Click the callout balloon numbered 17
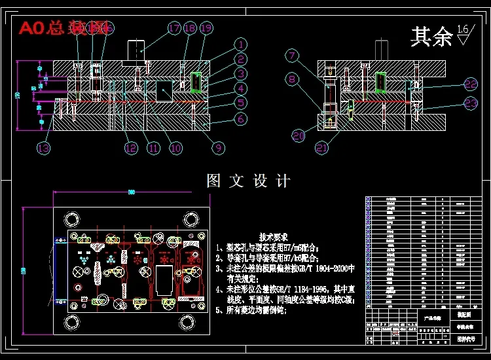(x=174, y=28)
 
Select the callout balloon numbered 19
(x=206, y=28)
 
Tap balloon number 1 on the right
(x=241, y=45)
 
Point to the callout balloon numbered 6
(x=241, y=119)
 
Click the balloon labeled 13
(x=43, y=148)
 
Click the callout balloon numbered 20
(x=299, y=136)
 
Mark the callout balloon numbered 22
(x=471, y=84)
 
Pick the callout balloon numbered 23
(x=471, y=103)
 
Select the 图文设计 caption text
(x=248, y=181)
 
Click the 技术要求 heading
(x=273, y=236)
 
